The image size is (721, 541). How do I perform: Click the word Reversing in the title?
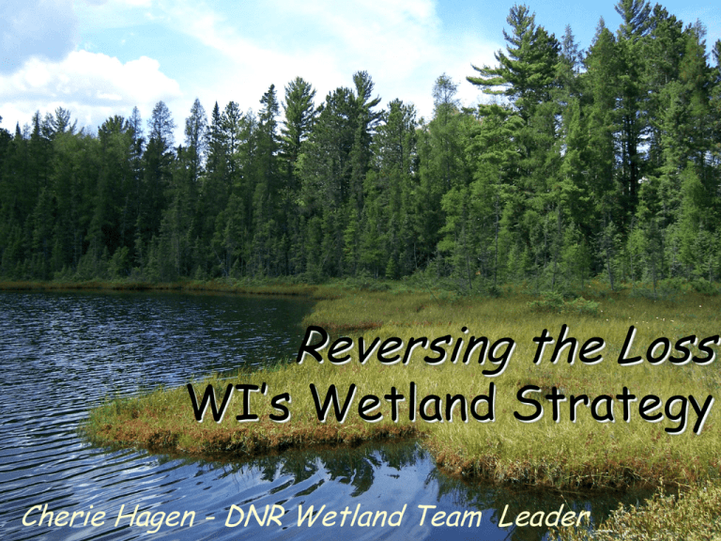point(405,349)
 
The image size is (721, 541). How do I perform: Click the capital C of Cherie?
point(30,515)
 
